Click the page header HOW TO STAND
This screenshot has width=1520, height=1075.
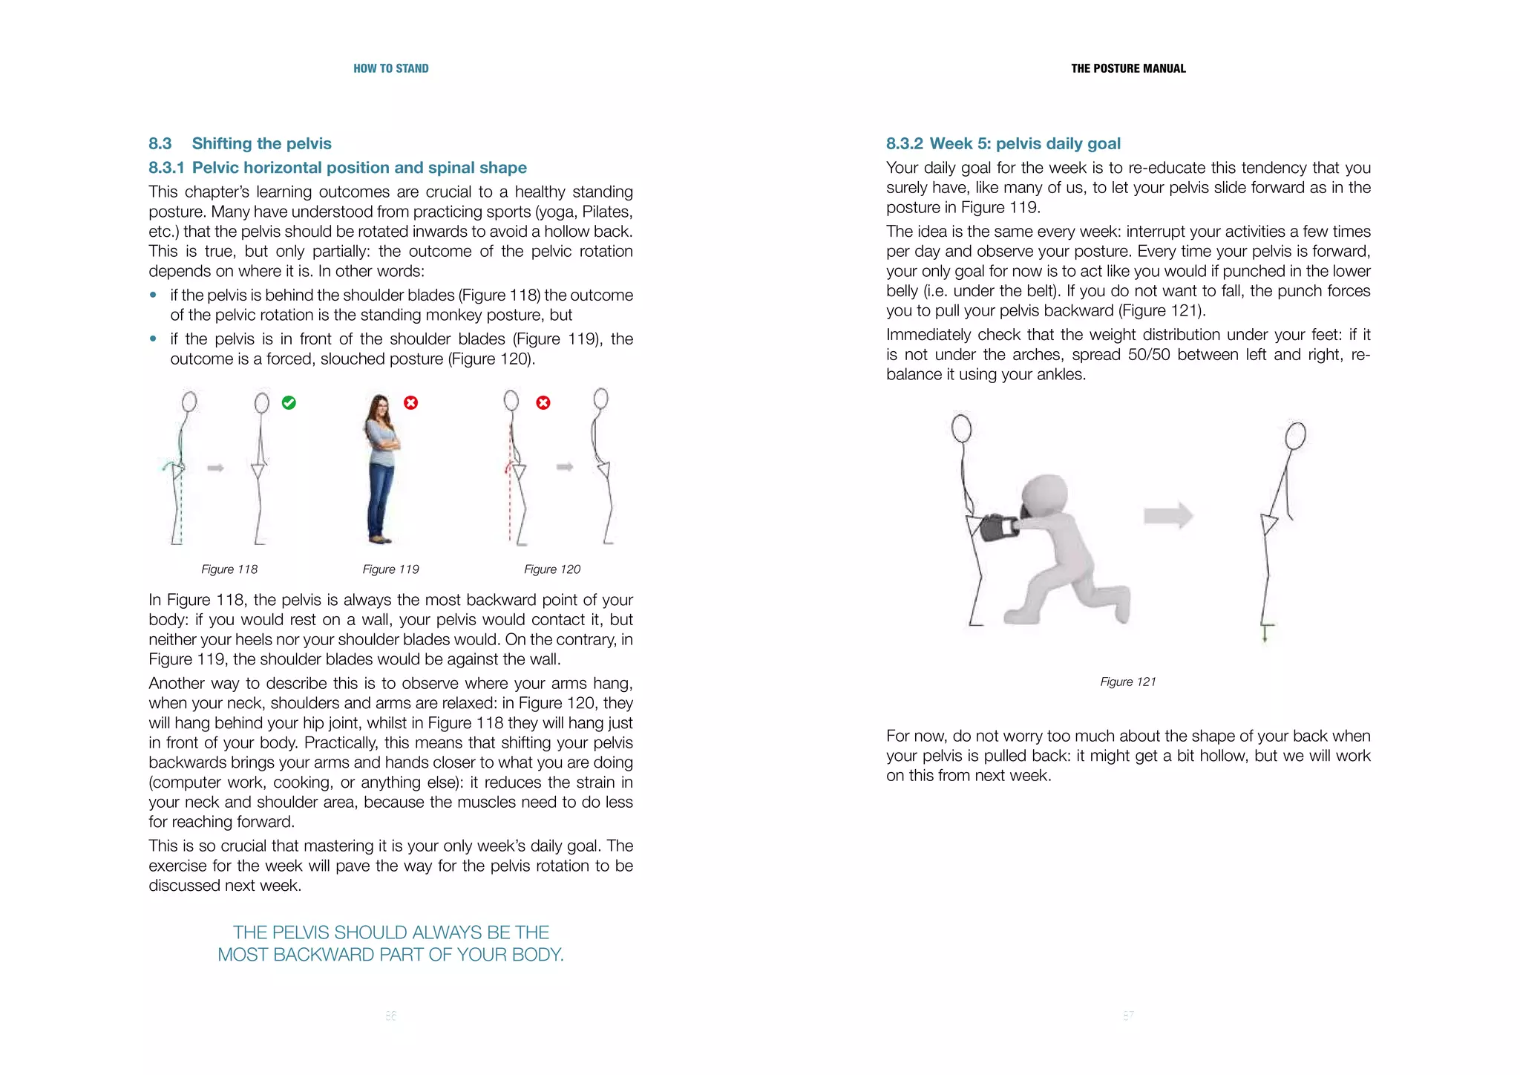(390, 68)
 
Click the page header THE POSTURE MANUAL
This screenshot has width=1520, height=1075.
(1127, 68)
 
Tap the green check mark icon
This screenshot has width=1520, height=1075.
(289, 402)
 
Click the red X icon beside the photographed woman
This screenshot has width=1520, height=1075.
(410, 402)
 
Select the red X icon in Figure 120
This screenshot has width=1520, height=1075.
(543, 402)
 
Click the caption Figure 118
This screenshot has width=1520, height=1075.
(229, 569)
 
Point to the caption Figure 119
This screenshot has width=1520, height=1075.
(390, 569)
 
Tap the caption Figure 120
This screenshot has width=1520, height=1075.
(551, 569)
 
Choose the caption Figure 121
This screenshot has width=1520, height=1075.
(1127, 682)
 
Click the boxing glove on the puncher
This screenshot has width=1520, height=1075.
(995, 528)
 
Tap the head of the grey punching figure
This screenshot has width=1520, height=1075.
(1046, 496)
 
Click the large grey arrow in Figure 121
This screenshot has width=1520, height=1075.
(1167, 515)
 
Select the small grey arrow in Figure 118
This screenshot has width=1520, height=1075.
(215, 468)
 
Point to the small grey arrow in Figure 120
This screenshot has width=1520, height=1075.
(565, 467)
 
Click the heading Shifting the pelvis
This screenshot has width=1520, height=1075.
(261, 143)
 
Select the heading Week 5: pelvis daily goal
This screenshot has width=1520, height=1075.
(1024, 143)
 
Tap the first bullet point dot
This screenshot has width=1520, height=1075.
(154, 295)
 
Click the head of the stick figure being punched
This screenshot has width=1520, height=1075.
(961, 428)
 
